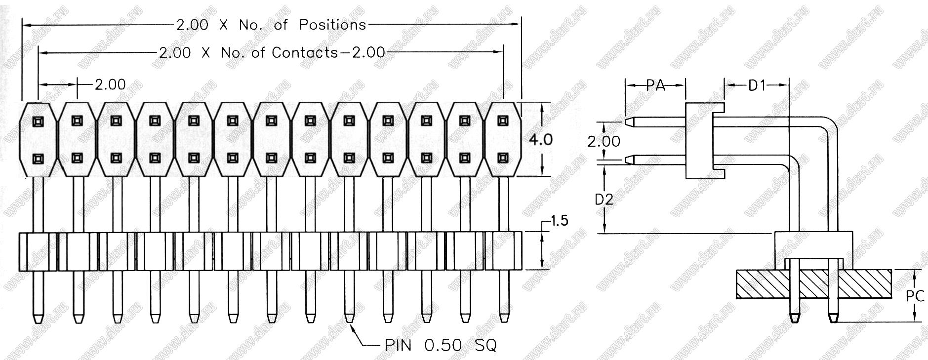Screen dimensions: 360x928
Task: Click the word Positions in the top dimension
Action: pos(332,25)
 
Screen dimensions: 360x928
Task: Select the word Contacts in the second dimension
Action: pos(304,52)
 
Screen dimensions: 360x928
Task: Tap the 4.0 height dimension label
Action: pos(541,140)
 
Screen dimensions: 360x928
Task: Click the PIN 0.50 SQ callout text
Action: pos(441,345)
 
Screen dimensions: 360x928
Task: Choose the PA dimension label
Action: pos(655,85)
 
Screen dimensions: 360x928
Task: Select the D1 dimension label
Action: pos(757,85)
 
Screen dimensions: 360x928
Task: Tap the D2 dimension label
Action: pos(604,200)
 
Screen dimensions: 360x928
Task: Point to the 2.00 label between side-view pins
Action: pos(604,142)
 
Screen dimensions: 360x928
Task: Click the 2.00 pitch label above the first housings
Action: pos(110,85)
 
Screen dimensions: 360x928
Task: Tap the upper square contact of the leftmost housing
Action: pos(39,121)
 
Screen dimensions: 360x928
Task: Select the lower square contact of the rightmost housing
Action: pos(503,158)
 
